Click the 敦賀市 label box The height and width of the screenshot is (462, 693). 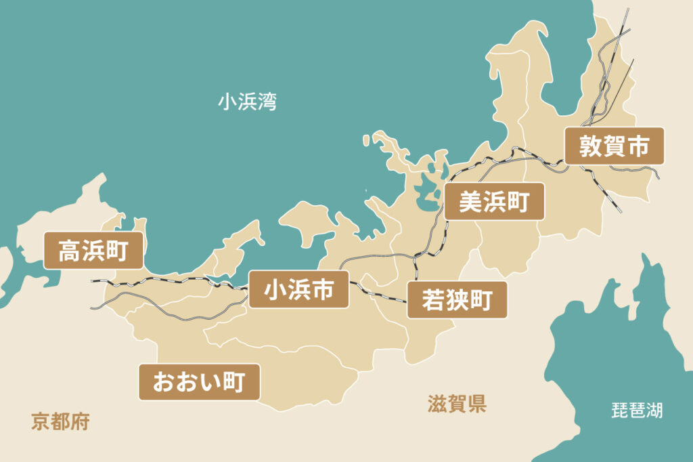(614, 146)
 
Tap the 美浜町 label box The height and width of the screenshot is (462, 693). (494, 201)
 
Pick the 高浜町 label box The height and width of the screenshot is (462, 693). (93, 251)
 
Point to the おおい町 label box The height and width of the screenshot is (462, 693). (199, 382)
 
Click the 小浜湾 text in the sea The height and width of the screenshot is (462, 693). (247, 102)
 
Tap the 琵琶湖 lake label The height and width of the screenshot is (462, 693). (637, 410)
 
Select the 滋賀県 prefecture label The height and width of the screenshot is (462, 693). (457, 404)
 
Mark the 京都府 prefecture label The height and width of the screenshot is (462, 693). (60, 422)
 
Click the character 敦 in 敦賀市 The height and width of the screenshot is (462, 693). (590, 146)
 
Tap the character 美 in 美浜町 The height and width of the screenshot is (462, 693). (470, 201)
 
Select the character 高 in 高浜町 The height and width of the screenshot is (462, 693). (69, 251)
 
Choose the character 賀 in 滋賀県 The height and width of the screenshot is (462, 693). (457, 404)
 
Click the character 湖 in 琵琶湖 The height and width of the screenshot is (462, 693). (654, 410)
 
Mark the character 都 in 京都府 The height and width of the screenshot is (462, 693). (60, 422)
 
